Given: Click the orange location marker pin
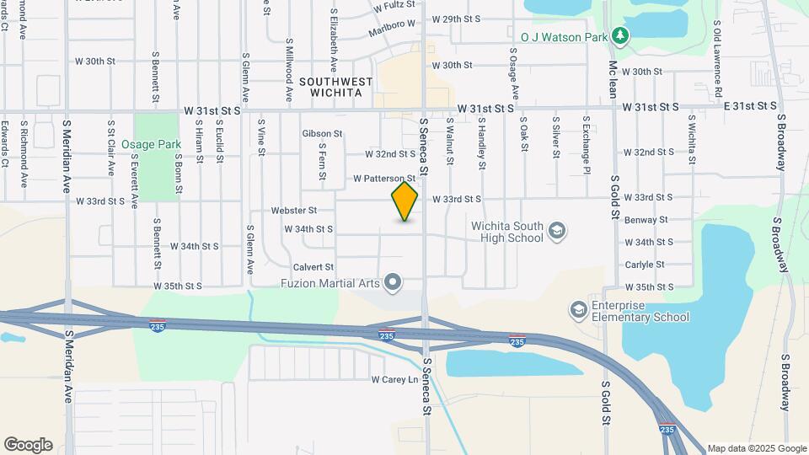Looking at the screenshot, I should pyautogui.click(x=404, y=201).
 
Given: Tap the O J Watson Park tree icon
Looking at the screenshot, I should pyautogui.click(x=620, y=35).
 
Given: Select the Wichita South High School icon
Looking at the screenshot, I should pyautogui.click(x=556, y=230).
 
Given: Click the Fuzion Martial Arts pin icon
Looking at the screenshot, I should pyautogui.click(x=392, y=282).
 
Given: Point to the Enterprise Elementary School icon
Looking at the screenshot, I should pyautogui.click(x=578, y=310).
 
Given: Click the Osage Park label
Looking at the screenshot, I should pyautogui.click(x=152, y=145).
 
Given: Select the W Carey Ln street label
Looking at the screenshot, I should pyautogui.click(x=394, y=380).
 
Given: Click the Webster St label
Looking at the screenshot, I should pyautogui.click(x=294, y=210).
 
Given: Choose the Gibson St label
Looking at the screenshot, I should pyautogui.click(x=322, y=134).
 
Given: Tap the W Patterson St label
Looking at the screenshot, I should pyautogui.click(x=384, y=179).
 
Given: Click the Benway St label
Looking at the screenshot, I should pyautogui.click(x=646, y=220).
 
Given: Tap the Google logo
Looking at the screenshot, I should pyautogui.click(x=27, y=445).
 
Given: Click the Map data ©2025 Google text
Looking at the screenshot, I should pyautogui.click(x=757, y=448).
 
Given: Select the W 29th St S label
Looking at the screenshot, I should pyautogui.click(x=455, y=19).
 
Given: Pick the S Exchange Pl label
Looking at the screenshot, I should pyautogui.click(x=585, y=140).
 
